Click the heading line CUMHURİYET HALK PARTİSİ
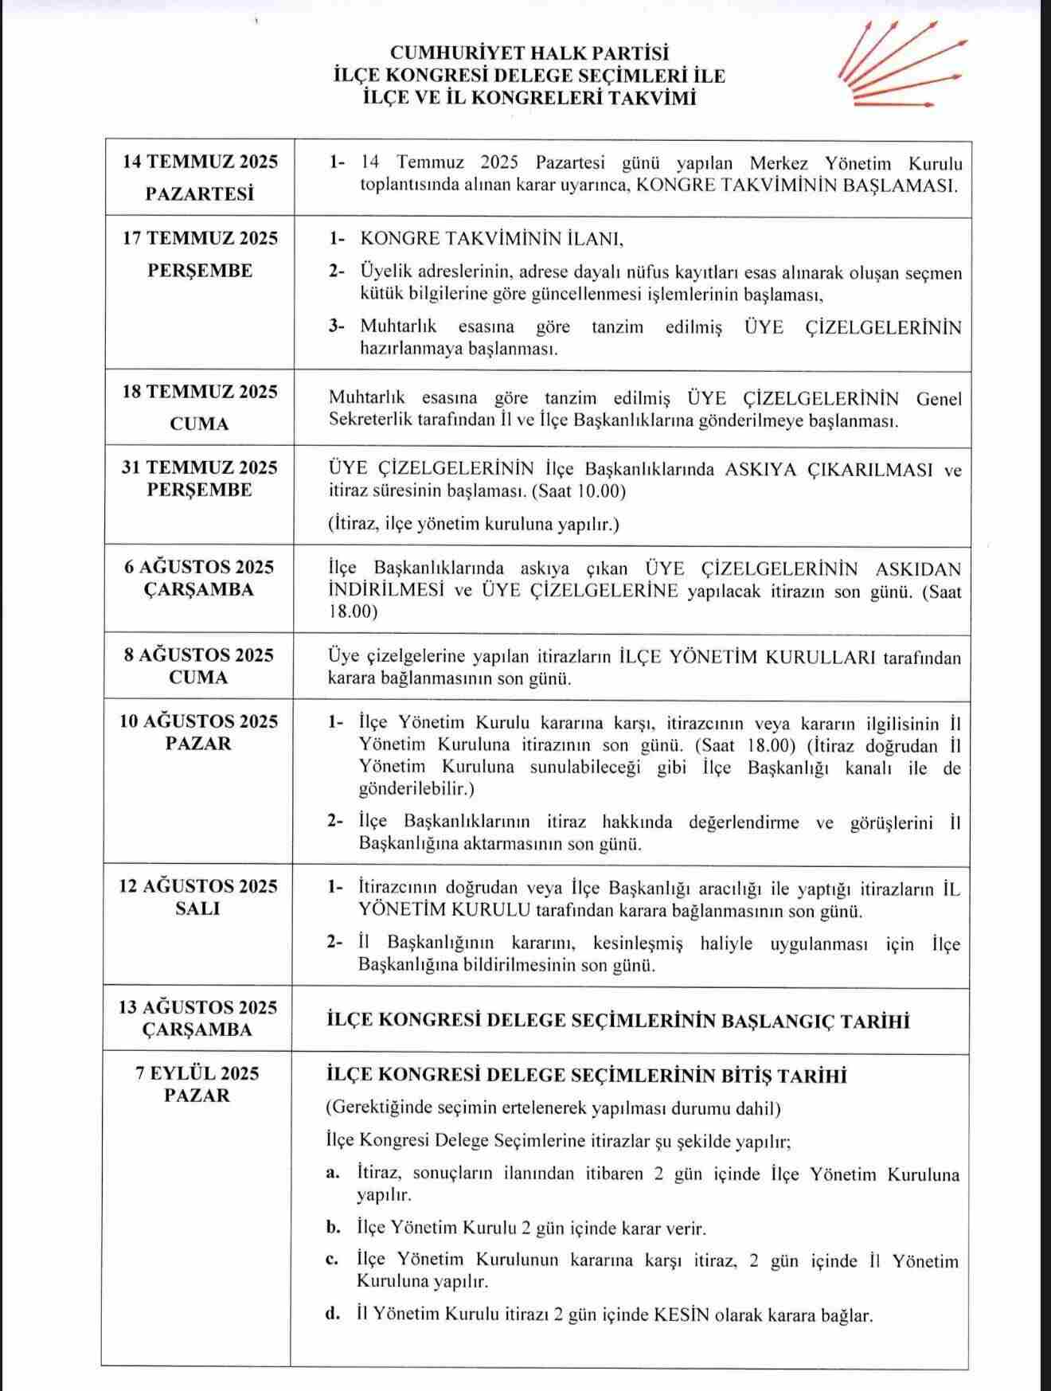[x=529, y=53]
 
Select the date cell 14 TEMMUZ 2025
[x=200, y=162]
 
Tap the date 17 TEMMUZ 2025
[x=200, y=238]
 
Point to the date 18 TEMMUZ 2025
[x=200, y=392]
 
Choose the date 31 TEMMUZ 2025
[x=200, y=467]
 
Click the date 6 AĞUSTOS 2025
[x=200, y=567]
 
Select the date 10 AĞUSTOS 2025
[x=200, y=721]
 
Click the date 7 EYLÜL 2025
[x=198, y=1073]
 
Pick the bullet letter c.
[x=333, y=1260]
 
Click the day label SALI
[x=198, y=908]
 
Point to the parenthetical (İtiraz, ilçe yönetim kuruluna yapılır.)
[x=474, y=524]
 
